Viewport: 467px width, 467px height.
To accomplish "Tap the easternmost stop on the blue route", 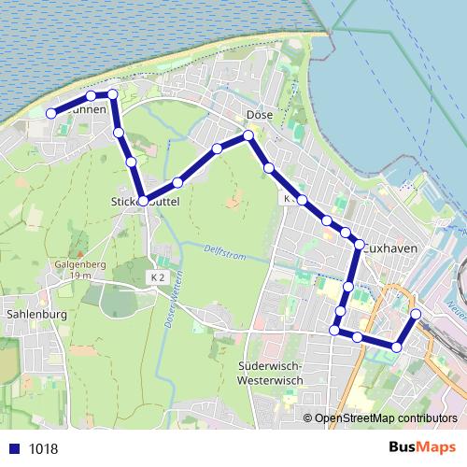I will [416, 314].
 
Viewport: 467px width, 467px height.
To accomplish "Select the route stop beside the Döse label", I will [248, 136].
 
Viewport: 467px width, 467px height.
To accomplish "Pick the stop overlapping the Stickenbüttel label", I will [143, 200].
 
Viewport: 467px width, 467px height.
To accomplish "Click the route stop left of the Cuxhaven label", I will [358, 245].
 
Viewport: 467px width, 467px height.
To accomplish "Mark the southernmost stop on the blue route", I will [397, 347].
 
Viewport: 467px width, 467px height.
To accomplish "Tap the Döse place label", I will [258, 116].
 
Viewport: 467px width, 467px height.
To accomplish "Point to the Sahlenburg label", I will [35, 315].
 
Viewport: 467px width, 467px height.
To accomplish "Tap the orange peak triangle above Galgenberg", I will [81, 252].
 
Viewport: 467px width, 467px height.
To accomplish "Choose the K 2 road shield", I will [157, 277].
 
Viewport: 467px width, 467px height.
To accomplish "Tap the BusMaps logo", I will [422, 448].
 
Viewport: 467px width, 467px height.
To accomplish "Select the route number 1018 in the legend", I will [43, 448].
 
